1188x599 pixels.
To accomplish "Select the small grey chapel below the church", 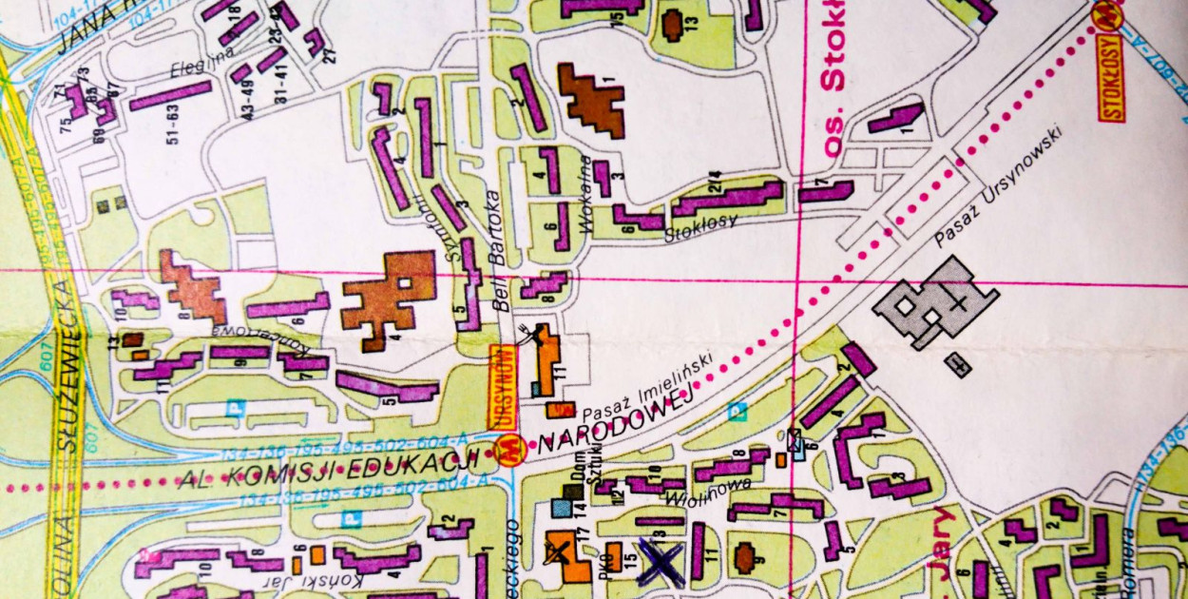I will click(x=958, y=364).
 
